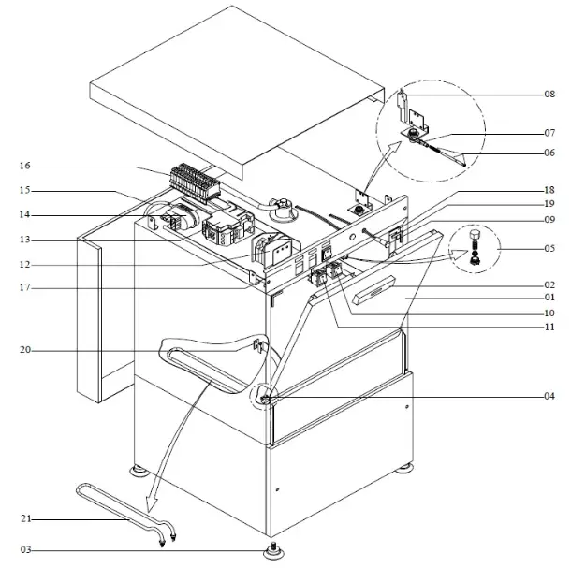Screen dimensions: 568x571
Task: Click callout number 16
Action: [23, 166]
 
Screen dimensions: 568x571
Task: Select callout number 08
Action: [549, 95]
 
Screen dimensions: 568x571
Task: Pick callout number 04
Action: [549, 396]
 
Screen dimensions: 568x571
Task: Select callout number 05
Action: [549, 250]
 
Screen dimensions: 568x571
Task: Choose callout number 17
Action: [23, 287]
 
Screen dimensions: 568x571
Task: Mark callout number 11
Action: [549, 328]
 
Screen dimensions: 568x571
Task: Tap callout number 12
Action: [23, 263]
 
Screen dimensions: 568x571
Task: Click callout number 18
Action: [549, 189]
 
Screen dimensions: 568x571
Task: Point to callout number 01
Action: [549, 299]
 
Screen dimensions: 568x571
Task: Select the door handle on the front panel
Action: [374, 299]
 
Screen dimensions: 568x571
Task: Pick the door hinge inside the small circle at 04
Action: [265, 400]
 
